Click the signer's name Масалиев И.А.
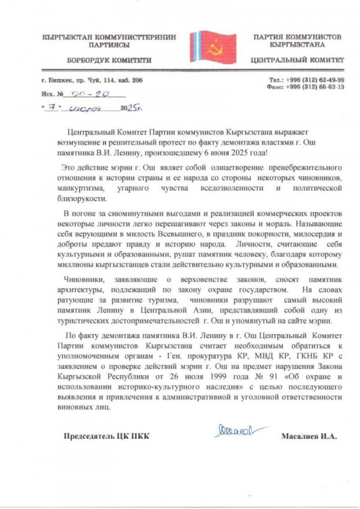click(x=309, y=436)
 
